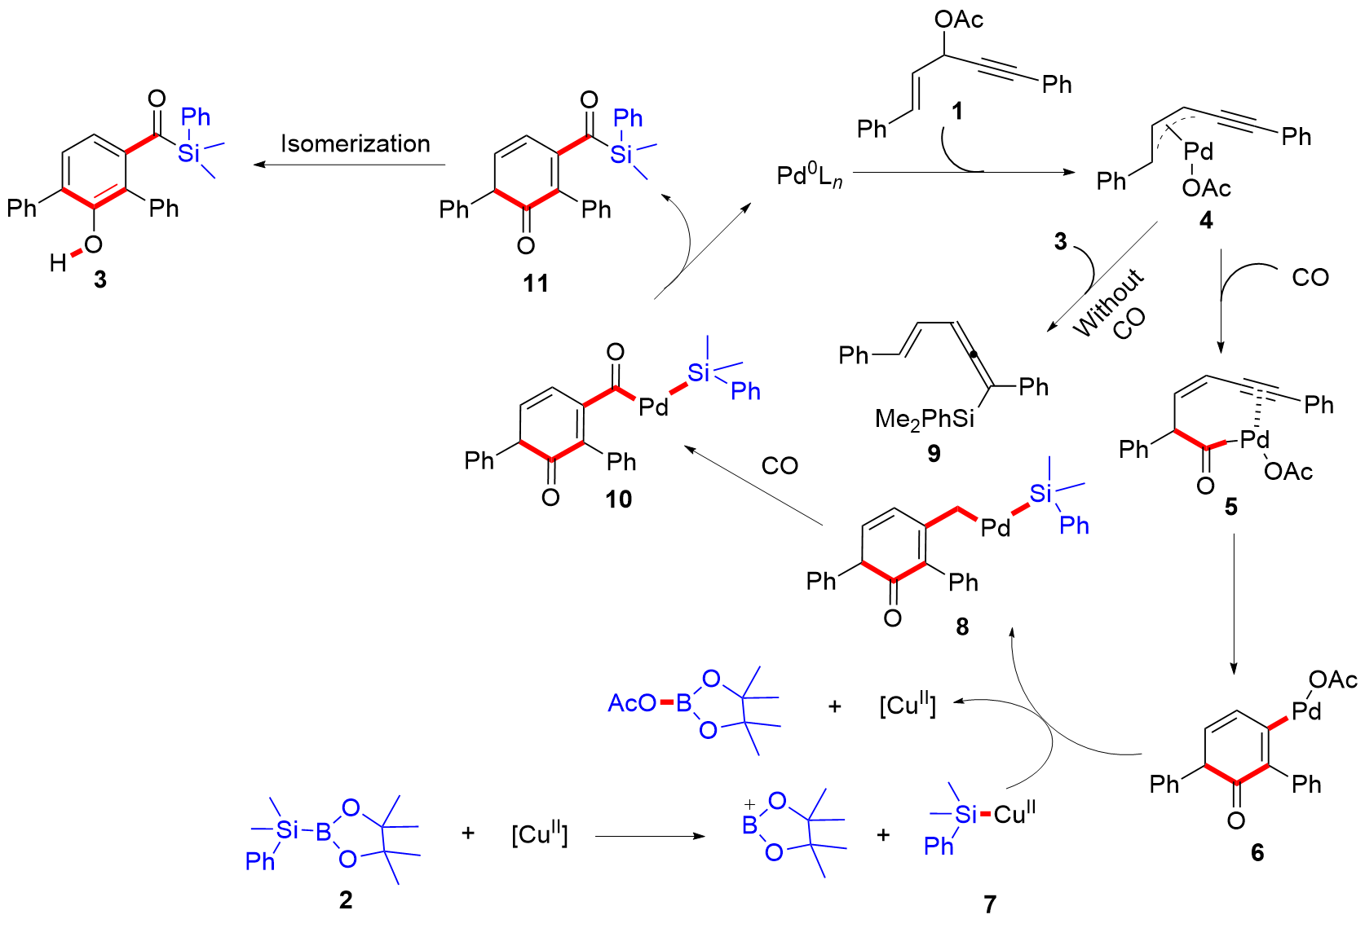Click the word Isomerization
point(355,143)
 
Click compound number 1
point(957,110)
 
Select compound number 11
point(536,283)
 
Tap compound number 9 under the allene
point(934,453)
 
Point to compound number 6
point(1257,852)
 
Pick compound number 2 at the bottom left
point(346,899)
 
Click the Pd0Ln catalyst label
point(809,175)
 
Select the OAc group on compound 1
point(959,19)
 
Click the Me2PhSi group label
point(925,419)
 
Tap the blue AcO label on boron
point(632,702)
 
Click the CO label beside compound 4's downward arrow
point(1310,278)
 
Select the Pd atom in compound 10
point(653,406)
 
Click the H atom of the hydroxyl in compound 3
point(58,262)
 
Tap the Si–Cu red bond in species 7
point(985,814)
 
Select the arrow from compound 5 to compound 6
point(1233,603)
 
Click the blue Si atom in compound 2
point(288,829)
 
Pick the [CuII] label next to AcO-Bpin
point(907,705)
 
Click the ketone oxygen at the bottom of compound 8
point(893,618)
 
